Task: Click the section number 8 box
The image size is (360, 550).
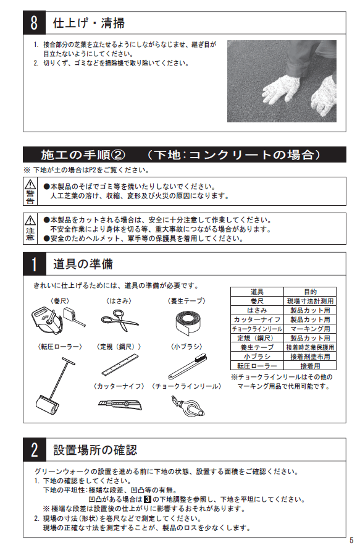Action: pos(34,23)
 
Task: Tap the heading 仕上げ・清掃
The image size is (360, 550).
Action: pos(89,23)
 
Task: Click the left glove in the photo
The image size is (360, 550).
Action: pos(281,89)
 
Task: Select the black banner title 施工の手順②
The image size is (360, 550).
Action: pos(83,154)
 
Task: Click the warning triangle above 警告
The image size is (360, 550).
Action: pos(30,184)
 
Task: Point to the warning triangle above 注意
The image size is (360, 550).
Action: pos(30,220)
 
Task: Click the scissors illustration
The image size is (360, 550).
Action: pos(120,320)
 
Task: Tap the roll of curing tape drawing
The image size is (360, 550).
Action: pos(188,321)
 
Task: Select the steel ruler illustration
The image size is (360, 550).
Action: pos(120,365)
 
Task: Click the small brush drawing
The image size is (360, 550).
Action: pos(188,366)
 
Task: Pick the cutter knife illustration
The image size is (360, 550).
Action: pos(120,404)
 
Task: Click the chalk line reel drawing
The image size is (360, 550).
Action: pos(188,406)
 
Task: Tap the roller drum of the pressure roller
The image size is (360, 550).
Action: pos(48,404)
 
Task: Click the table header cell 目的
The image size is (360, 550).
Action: pos(310,292)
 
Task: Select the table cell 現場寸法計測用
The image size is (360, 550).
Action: pos(310,301)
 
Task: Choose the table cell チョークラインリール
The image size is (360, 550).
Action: pos(257,329)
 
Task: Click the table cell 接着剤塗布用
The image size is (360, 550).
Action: pos(310,357)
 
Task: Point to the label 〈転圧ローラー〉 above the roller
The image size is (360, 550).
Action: pos(60,347)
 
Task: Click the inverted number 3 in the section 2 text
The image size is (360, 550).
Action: pos(148,499)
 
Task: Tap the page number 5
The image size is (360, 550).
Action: pos(351,540)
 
